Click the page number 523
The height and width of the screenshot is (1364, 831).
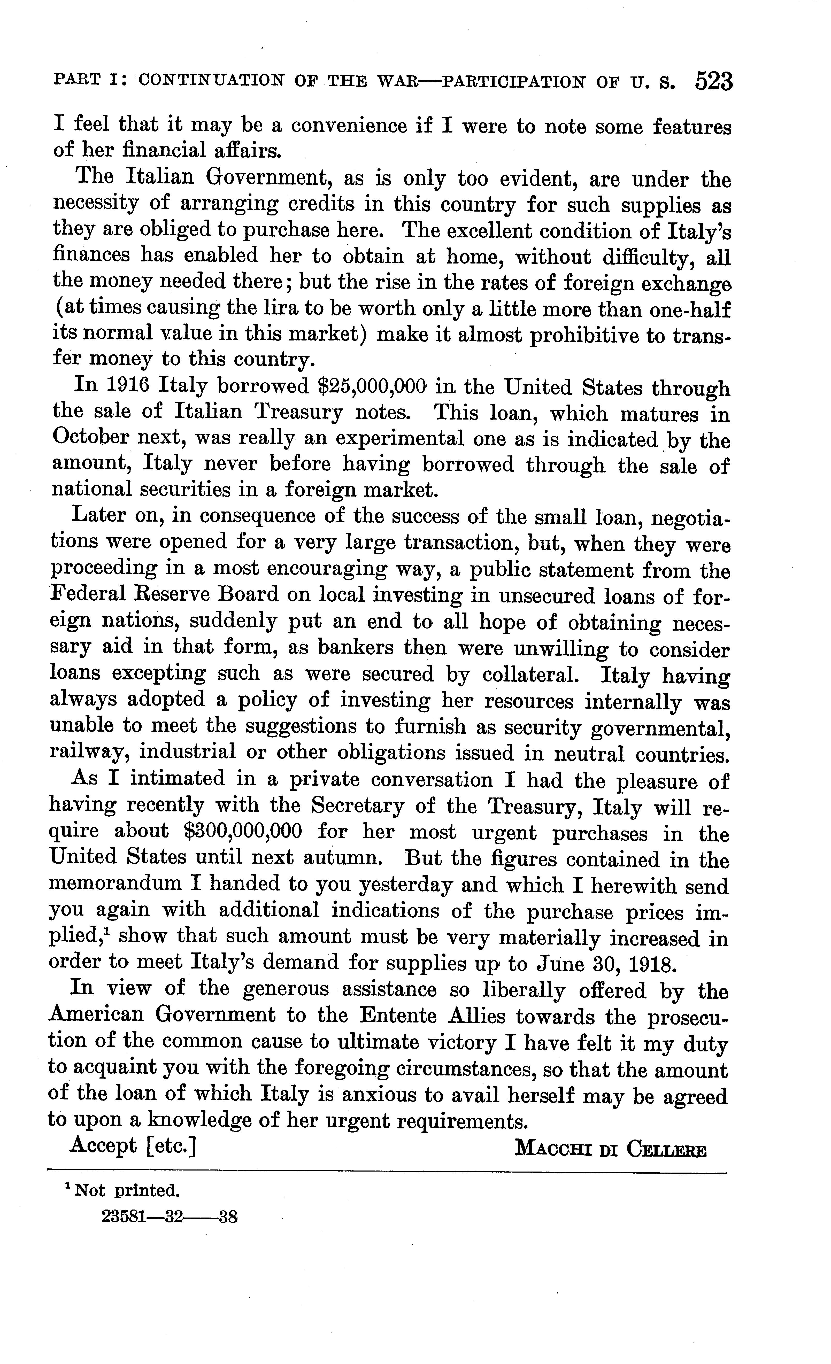(x=713, y=82)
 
